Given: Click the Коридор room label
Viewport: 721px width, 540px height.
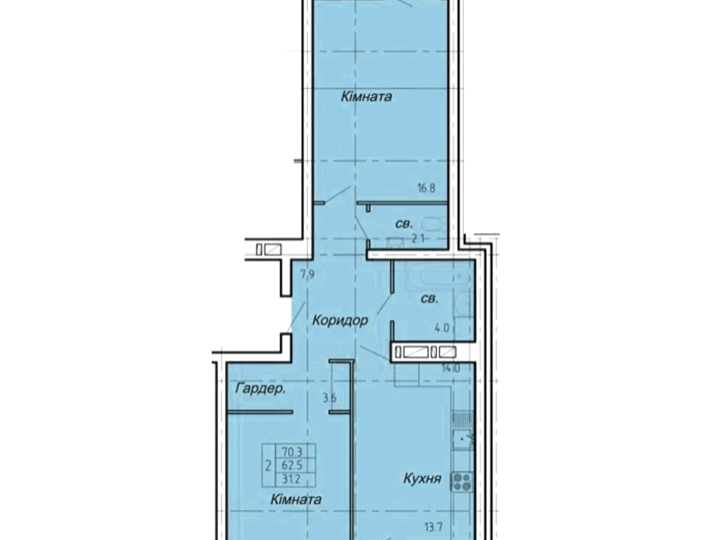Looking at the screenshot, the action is pyautogui.click(x=339, y=320).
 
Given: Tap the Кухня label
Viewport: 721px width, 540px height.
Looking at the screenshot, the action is pyautogui.click(x=422, y=479).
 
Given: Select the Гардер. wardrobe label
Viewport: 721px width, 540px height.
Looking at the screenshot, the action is pyautogui.click(x=260, y=389).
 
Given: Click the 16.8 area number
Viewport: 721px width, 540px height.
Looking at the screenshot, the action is pyautogui.click(x=426, y=188).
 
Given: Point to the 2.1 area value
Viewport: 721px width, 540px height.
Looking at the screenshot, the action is pyautogui.click(x=418, y=239).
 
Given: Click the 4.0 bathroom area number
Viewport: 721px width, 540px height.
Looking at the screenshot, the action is pyautogui.click(x=442, y=328).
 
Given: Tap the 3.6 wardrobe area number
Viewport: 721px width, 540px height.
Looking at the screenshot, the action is pyautogui.click(x=329, y=398).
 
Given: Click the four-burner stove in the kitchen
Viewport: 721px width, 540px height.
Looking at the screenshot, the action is pyautogui.click(x=463, y=481).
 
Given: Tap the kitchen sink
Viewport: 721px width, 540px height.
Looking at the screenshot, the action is pyautogui.click(x=463, y=440).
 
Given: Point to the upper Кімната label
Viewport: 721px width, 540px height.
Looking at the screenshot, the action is pyautogui.click(x=367, y=97).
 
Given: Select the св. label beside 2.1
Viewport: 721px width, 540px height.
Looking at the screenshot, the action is pyautogui.click(x=404, y=224).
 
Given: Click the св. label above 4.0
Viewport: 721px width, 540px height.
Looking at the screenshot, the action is pyautogui.click(x=430, y=299).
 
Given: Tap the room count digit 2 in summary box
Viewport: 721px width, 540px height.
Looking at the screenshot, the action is pyautogui.click(x=269, y=465).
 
